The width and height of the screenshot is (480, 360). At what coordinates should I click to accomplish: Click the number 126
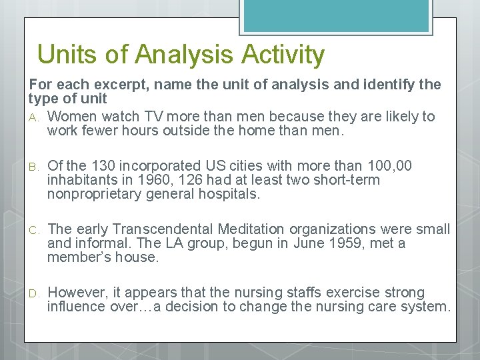[195, 180]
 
